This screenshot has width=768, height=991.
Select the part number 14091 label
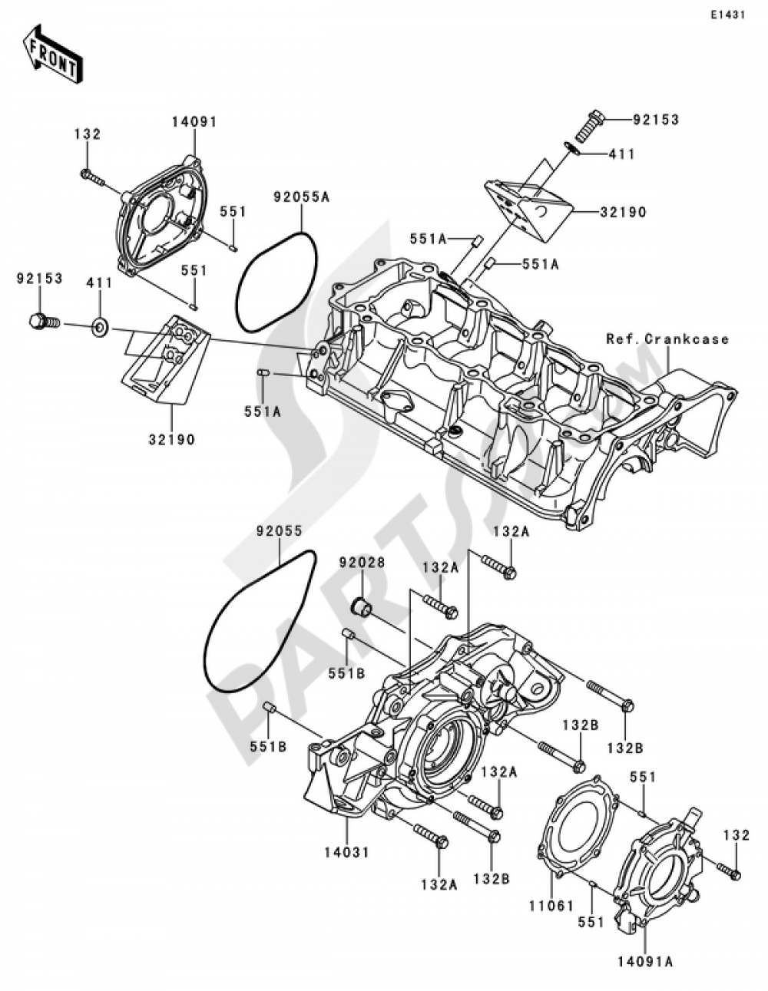coord(194,121)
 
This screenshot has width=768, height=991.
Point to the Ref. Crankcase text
coord(667,339)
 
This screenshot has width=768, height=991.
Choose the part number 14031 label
coord(346,852)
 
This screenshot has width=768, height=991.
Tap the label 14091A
coord(645,960)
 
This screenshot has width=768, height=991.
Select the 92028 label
coord(362,563)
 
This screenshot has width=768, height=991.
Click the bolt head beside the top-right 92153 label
coord(592,121)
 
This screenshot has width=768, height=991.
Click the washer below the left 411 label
coord(99,329)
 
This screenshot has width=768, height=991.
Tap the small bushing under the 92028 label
coord(361,608)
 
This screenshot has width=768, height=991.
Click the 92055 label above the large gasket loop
coord(280,530)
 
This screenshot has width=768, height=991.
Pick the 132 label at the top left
coord(88,134)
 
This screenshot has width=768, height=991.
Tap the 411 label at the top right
coord(621,154)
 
